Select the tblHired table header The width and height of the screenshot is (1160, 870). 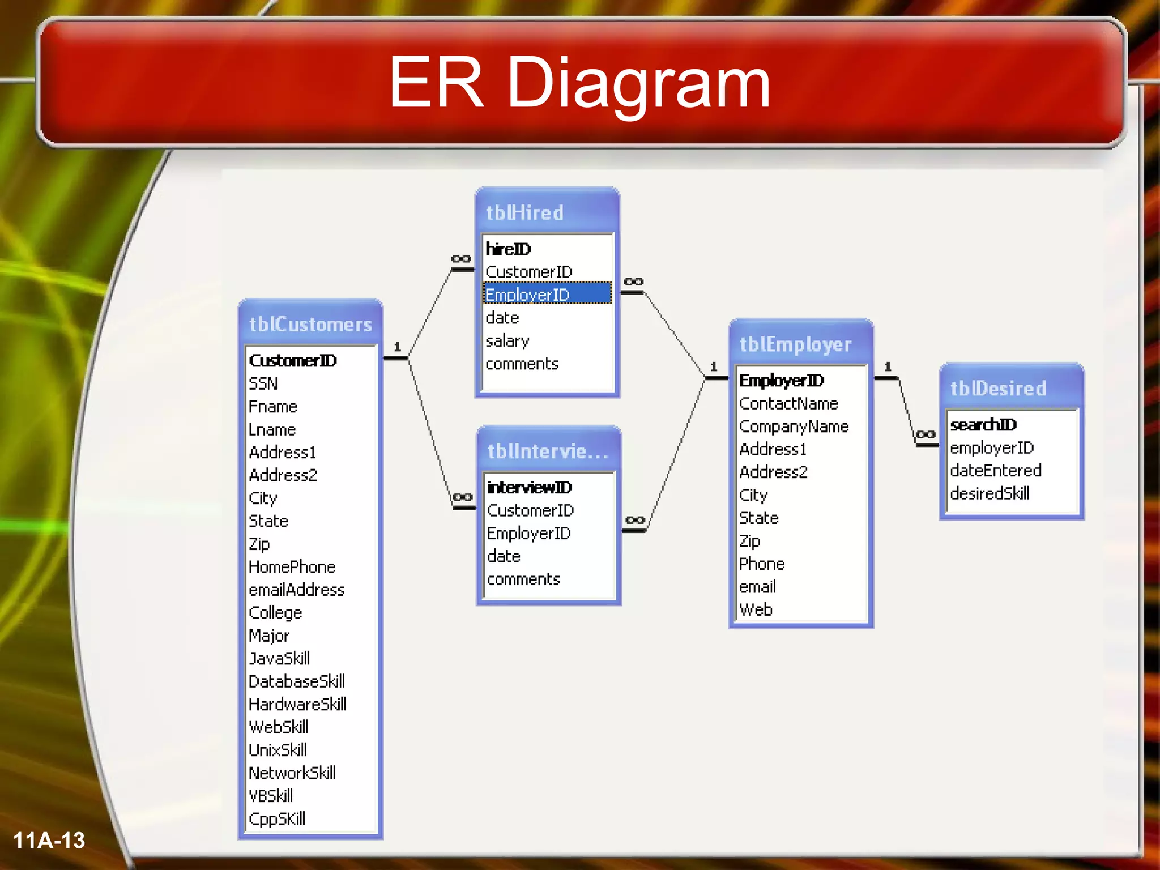point(524,213)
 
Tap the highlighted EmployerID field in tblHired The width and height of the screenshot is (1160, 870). point(528,295)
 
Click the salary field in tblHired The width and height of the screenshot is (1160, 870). point(507,341)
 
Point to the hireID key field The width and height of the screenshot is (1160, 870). point(508,249)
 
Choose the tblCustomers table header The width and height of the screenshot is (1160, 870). point(310,325)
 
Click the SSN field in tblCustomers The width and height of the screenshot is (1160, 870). point(263,384)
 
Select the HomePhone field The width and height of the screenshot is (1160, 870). point(292,567)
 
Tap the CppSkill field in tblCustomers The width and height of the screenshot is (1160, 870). point(277,819)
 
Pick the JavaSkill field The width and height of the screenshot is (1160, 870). point(279,658)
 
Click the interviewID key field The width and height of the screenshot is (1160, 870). point(530,487)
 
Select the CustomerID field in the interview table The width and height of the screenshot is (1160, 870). point(531,510)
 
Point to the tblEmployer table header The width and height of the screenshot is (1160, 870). point(795,344)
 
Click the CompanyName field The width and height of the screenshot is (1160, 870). point(794,427)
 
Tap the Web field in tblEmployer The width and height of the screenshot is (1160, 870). point(756,610)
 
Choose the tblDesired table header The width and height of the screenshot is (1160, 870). point(998,389)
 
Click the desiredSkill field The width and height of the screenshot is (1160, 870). point(990,493)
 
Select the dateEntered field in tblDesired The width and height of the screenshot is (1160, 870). point(996,471)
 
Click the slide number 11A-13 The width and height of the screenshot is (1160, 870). point(49,841)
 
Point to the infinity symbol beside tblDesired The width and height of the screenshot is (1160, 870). point(926,434)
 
